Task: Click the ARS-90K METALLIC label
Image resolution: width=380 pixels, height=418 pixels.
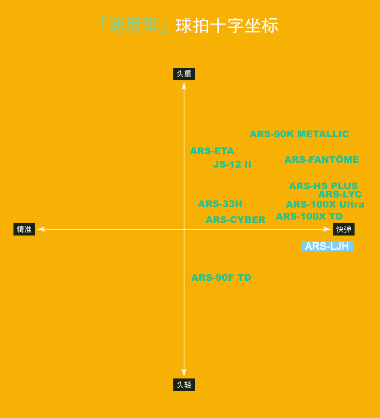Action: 299,134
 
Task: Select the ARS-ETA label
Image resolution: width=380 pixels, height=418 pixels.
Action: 212,151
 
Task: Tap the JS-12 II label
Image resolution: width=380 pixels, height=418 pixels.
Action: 232,164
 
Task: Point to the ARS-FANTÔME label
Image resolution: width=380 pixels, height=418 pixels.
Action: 321,159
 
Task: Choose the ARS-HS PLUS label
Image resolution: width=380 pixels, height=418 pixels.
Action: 323,185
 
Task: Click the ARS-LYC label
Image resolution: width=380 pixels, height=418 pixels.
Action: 340,194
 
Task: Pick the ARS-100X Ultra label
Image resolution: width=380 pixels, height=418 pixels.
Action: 325,204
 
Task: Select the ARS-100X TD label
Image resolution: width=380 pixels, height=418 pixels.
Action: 309,216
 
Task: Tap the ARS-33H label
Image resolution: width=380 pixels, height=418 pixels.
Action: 220,204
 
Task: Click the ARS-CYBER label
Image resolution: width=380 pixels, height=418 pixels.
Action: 235,220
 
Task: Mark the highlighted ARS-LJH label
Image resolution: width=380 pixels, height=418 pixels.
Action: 327,246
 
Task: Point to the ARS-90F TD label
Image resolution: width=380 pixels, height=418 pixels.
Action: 221,277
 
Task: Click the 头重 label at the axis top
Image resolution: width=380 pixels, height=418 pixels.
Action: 184,74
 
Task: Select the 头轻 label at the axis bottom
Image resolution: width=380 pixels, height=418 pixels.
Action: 184,385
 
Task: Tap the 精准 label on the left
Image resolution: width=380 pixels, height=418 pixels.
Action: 24,229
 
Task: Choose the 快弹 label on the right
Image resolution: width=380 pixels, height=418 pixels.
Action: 343,229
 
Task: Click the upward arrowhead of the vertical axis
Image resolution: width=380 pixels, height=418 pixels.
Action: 184,85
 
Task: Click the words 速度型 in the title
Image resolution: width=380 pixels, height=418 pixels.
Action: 133,26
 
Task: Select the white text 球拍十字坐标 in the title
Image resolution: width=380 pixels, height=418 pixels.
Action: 227,26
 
